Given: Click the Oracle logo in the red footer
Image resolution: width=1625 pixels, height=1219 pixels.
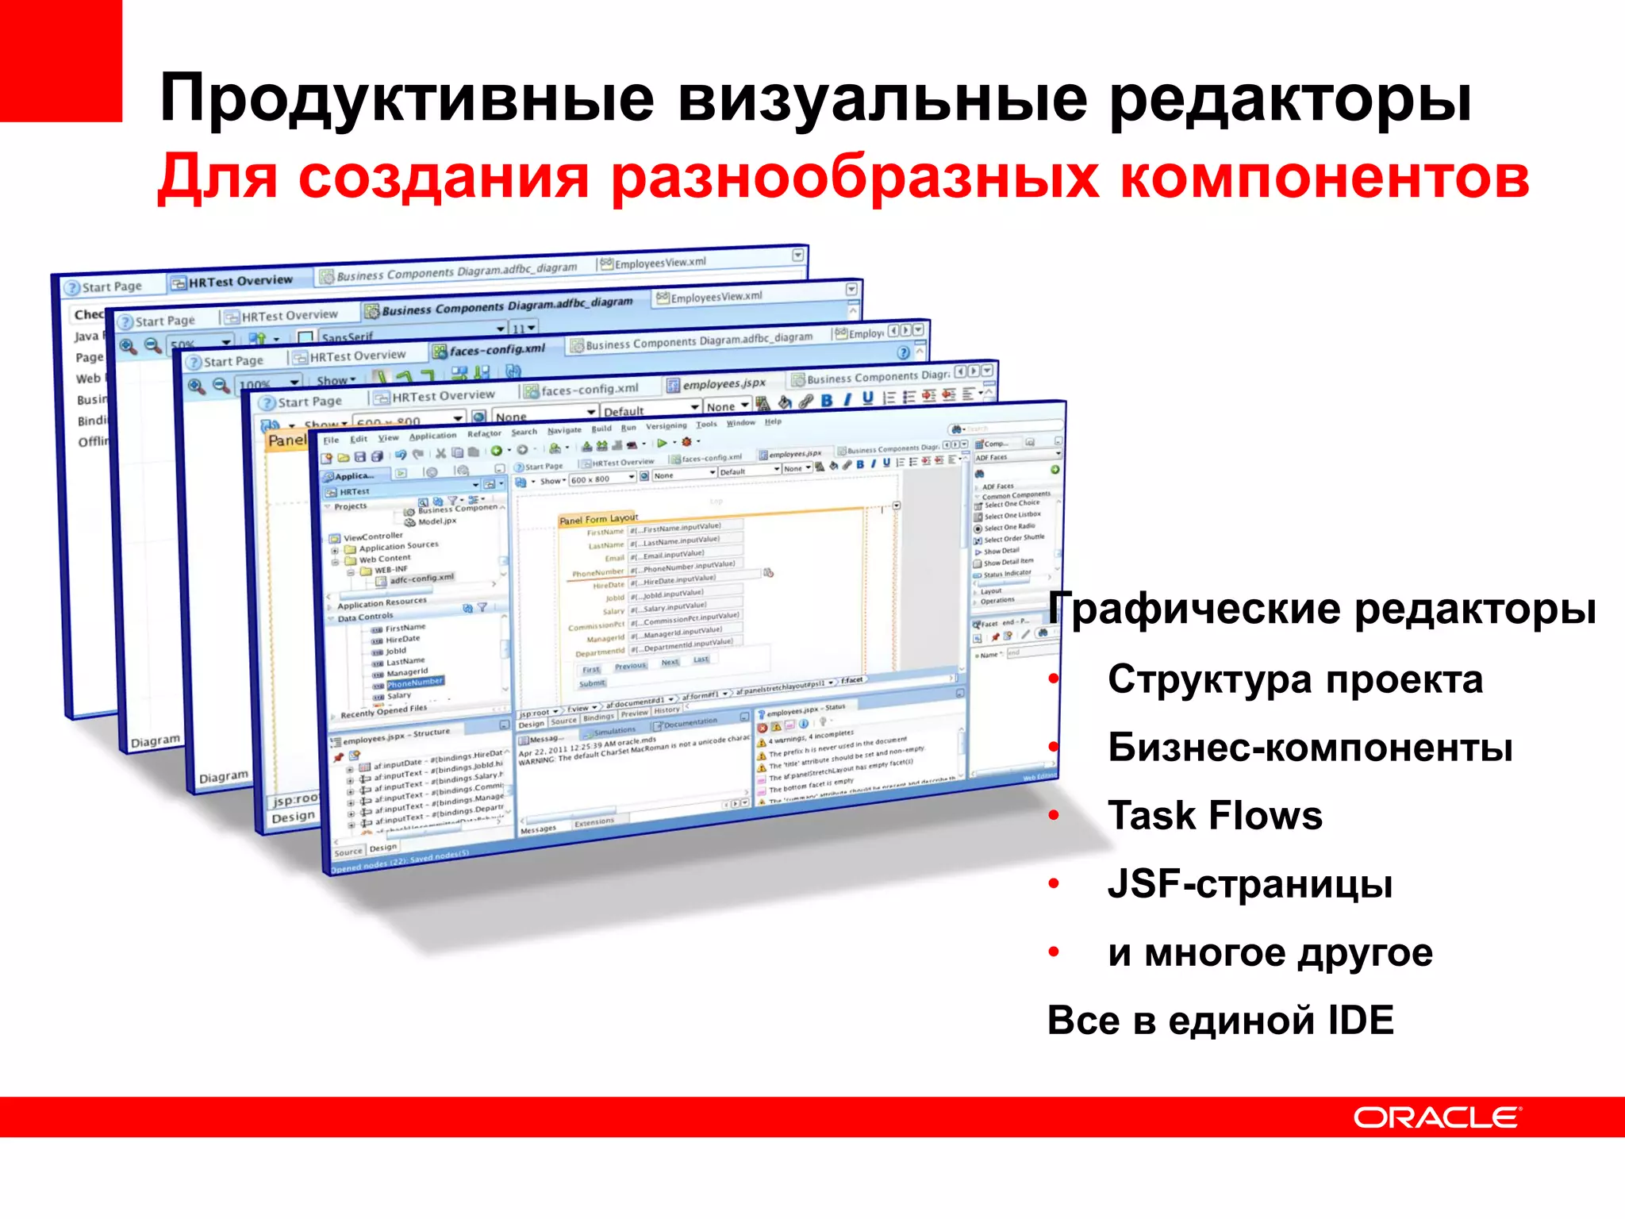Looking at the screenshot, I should tap(1436, 1117).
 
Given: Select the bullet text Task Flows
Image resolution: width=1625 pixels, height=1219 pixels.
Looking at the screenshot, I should tap(1215, 816).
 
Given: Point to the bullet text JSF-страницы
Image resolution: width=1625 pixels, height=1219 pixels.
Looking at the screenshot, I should tap(1250, 884).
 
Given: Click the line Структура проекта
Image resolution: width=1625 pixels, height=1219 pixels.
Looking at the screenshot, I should tap(1295, 680).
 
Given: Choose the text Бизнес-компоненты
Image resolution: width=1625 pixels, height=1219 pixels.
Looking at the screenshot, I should tap(1310, 748).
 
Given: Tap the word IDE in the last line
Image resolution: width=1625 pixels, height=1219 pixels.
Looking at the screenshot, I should tap(1361, 1021).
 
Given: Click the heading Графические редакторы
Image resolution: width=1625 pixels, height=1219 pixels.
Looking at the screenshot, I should tap(1322, 609).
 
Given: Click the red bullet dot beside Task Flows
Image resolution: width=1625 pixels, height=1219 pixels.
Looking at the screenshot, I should tap(1054, 816).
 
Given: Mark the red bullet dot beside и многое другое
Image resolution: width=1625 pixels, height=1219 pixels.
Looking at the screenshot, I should tap(1054, 952).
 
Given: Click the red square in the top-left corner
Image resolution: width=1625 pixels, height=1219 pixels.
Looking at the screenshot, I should tap(60, 60).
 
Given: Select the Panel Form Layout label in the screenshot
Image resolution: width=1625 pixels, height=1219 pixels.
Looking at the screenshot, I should tap(597, 519).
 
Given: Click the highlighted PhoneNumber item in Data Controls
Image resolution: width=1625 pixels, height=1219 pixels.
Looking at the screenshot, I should tap(415, 683).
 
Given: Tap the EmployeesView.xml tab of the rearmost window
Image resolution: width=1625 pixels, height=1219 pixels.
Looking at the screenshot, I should tap(659, 263).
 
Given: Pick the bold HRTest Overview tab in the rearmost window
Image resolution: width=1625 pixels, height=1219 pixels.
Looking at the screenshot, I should tap(240, 281).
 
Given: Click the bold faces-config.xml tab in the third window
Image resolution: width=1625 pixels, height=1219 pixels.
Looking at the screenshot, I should tap(496, 349).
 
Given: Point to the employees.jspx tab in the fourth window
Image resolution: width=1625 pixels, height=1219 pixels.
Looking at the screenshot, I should tap(723, 384).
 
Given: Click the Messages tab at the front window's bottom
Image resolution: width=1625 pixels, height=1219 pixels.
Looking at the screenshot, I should tap(538, 829).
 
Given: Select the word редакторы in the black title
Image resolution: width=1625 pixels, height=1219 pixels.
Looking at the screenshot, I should tap(1289, 98).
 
